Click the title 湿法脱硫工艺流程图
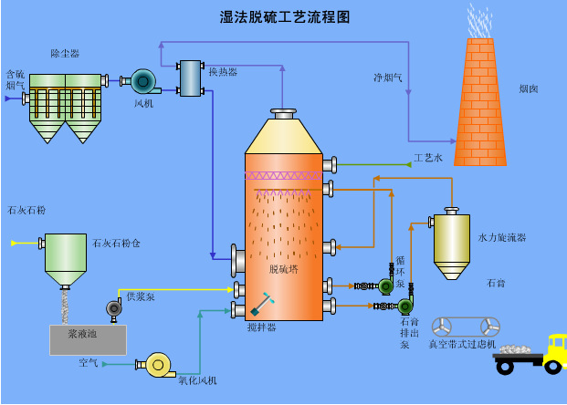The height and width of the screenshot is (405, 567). (x=284, y=16)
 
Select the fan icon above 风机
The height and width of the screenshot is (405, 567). (x=143, y=82)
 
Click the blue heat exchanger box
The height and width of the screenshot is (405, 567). (x=190, y=78)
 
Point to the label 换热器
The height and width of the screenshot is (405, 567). (x=223, y=72)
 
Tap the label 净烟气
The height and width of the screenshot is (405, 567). (x=388, y=77)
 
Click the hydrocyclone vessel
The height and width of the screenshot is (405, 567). (x=451, y=242)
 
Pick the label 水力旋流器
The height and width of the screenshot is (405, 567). (x=502, y=237)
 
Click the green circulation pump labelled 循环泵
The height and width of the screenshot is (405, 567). (x=385, y=286)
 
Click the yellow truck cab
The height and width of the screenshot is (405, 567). (x=554, y=351)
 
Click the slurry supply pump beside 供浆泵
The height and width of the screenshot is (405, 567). (x=114, y=308)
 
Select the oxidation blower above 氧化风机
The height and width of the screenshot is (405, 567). (x=158, y=365)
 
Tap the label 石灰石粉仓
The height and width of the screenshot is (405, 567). (x=116, y=244)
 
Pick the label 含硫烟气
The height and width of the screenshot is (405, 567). (x=16, y=79)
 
